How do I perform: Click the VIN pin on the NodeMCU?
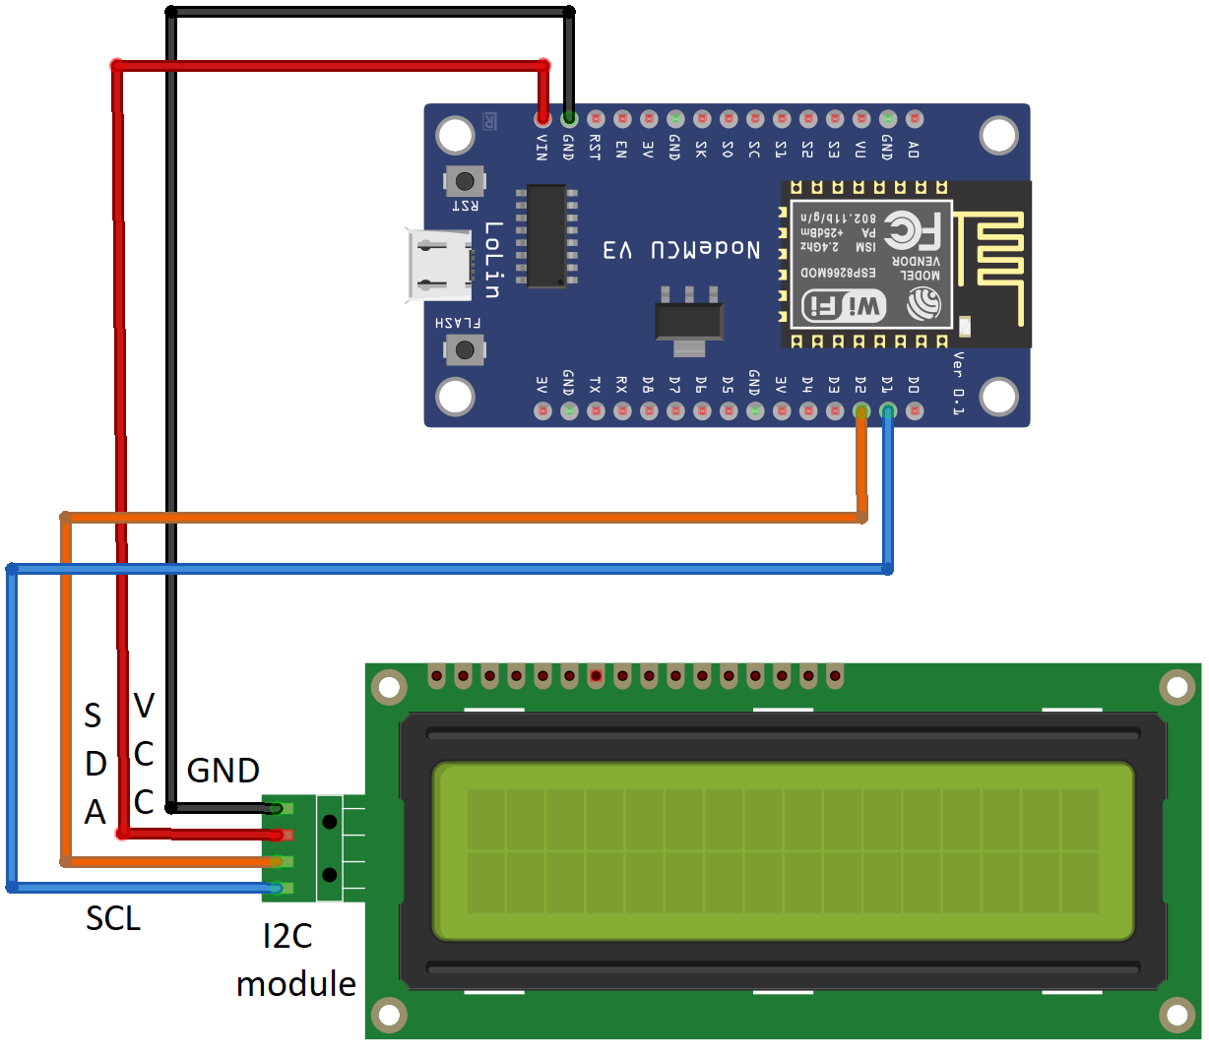coord(542,119)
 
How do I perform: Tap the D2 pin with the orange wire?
coord(861,410)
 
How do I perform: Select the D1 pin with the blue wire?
coord(888,410)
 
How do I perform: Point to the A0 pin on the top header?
coord(914,119)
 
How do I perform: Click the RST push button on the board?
coord(465,181)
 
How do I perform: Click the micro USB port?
coord(439,266)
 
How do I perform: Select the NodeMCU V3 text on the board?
coord(681,250)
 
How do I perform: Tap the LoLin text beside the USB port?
coord(493,261)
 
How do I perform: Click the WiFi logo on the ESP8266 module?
coord(844,306)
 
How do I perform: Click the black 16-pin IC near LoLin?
coord(546,236)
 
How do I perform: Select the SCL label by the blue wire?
coord(113,918)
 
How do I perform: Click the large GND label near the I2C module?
coord(223,771)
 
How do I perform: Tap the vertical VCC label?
coord(144,754)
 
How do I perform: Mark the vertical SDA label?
coord(95,764)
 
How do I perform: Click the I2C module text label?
coord(295,960)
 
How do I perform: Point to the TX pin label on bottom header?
coord(595,384)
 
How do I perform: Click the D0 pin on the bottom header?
coord(914,410)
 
